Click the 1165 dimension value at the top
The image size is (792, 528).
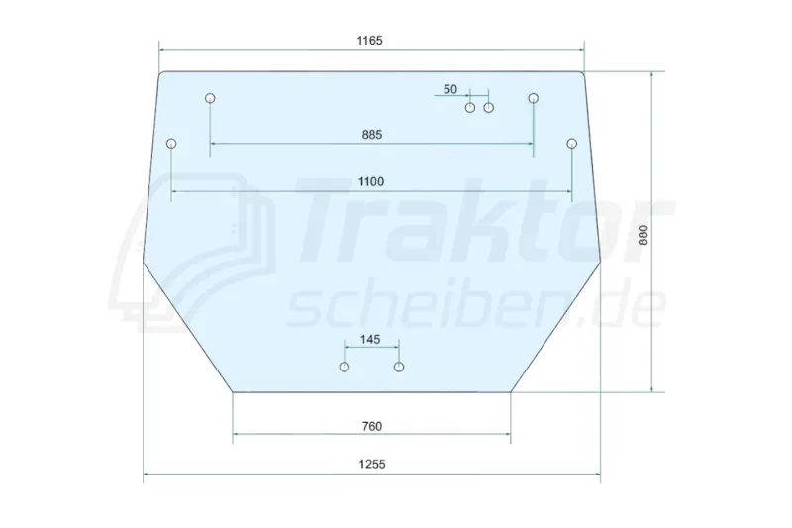coord(369,41)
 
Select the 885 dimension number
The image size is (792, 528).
coord(372,135)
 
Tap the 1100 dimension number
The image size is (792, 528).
coord(371,182)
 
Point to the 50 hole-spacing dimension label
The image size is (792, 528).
coord(450,89)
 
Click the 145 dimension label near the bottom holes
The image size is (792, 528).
coord(370,339)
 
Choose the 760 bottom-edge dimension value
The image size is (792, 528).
coord(372,426)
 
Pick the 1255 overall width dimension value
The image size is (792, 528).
coord(372,464)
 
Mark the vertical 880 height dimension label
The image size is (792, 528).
coord(643,235)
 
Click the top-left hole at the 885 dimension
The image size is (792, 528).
coord(210,98)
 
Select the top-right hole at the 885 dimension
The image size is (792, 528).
coord(534,98)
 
